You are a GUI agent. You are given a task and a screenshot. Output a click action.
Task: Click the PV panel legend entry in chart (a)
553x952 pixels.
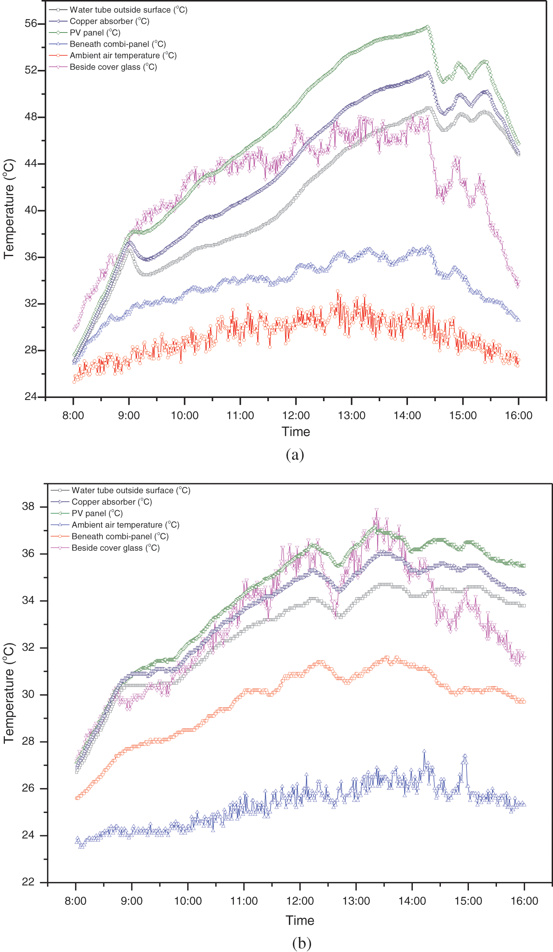click(95, 33)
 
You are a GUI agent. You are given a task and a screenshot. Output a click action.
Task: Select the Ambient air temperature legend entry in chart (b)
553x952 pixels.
click(125, 525)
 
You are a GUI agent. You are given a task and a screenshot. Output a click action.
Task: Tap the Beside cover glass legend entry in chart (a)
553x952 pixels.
click(113, 67)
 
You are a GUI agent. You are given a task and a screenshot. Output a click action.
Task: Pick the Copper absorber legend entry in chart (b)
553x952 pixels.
click(112, 502)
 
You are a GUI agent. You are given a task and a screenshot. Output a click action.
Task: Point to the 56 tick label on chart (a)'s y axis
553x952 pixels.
click(31, 24)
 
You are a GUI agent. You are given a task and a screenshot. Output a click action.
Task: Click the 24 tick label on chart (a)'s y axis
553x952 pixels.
click(31, 396)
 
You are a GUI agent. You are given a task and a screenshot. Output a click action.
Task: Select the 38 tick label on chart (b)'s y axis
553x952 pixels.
click(28, 506)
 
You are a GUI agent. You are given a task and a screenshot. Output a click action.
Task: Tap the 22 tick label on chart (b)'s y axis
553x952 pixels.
click(28, 882)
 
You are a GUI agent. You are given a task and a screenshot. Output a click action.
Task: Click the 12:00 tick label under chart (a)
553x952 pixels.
click(296, 415)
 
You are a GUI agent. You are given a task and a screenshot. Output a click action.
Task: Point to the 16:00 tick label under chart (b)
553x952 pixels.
click(524, 901)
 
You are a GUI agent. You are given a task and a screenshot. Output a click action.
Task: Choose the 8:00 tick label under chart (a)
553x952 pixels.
click(73, 415)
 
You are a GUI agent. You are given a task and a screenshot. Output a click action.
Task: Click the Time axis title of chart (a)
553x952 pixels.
click(296, 432)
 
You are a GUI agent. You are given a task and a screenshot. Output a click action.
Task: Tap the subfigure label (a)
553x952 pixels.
click(295, 454)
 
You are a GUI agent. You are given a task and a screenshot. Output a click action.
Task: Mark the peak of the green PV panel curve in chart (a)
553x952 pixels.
click(427, 27)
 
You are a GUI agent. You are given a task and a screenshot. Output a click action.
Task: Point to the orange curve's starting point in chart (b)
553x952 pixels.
click(77, 798)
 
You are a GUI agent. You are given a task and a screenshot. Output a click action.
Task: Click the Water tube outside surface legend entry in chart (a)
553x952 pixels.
click(128, 10)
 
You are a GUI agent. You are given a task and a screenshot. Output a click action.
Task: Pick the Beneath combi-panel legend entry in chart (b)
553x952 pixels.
click(120, 537)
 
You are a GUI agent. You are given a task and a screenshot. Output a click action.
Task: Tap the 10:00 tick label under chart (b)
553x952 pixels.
click(188, 901)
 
